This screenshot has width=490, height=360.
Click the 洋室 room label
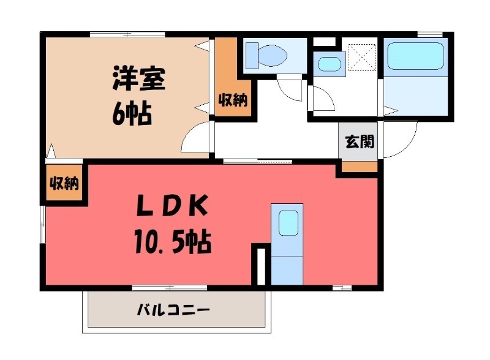tap(138, 80)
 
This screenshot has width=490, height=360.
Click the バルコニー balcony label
tap(173, 310)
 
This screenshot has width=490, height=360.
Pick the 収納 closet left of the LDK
tap(64, 182)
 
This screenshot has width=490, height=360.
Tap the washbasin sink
tap(328, 63)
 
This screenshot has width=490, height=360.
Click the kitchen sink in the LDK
tap(287, 223)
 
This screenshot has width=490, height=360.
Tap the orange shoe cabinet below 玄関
tap(360, 166)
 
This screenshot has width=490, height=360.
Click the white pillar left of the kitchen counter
tap(260, 265)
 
